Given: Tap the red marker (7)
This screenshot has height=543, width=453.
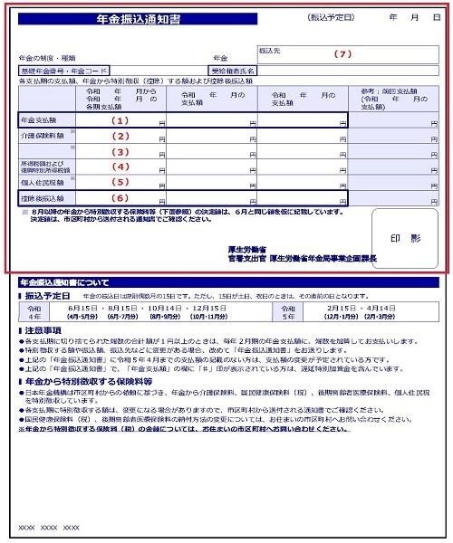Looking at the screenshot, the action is click(342, 53).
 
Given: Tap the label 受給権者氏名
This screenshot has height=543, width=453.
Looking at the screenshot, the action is click(234, 70).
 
